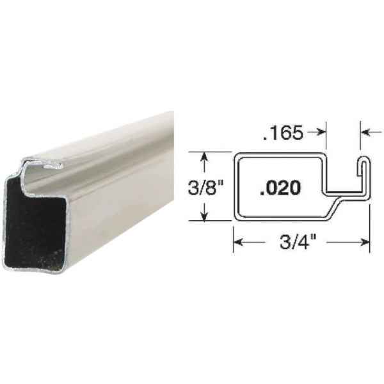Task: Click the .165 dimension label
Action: click(x=283, y=132)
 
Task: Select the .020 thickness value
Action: click(x=280, y=188)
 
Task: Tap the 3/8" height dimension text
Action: click(x=205, y=188)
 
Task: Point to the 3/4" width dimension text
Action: click(x=297, y=242)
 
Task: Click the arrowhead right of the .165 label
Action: click(x=322, y=132)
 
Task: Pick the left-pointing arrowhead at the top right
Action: click(x=365, y=132)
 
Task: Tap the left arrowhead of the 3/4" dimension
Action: click(x=238, y=242)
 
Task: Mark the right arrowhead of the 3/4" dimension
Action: click(x=365, y=242)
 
